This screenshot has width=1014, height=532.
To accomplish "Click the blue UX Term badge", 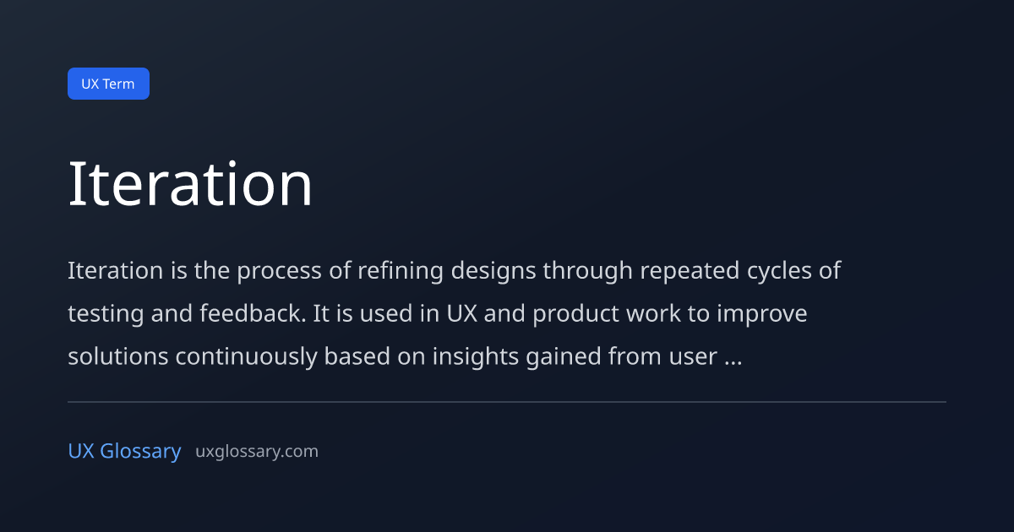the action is pyautogui.click(x=108, y=84).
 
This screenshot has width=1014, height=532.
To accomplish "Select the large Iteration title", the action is pyautogui.click(x=190, y=185).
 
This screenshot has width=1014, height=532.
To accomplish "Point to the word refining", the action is pyautogui.click(x=401, y=271).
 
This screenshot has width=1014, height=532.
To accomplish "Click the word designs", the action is pyautogui.click(x=493, y=271).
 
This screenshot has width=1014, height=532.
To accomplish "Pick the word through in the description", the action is pyautogui.click(x=587, y=271).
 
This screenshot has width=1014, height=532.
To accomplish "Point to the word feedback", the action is pyautogui.click(x=253, y=313).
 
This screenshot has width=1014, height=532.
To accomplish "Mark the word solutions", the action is pyautogui.click(x=118, y=356).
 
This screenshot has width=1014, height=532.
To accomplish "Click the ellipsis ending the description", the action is pyautogui.click(x=733, y=363).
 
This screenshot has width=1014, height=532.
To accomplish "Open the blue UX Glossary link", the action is pyautogui.click(x=124, y=451).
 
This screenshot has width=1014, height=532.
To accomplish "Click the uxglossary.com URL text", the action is pyautogui.click(x=257, y=452).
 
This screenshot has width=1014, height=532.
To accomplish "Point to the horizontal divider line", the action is pyautogui.click(x=507, y=402).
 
